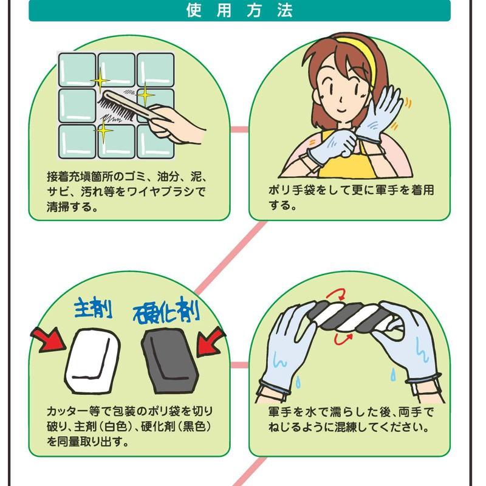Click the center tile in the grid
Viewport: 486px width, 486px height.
pyautogui.click(x=117, y=106)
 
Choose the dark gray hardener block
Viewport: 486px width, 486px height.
pyautogui.click(x=169, y=359)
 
